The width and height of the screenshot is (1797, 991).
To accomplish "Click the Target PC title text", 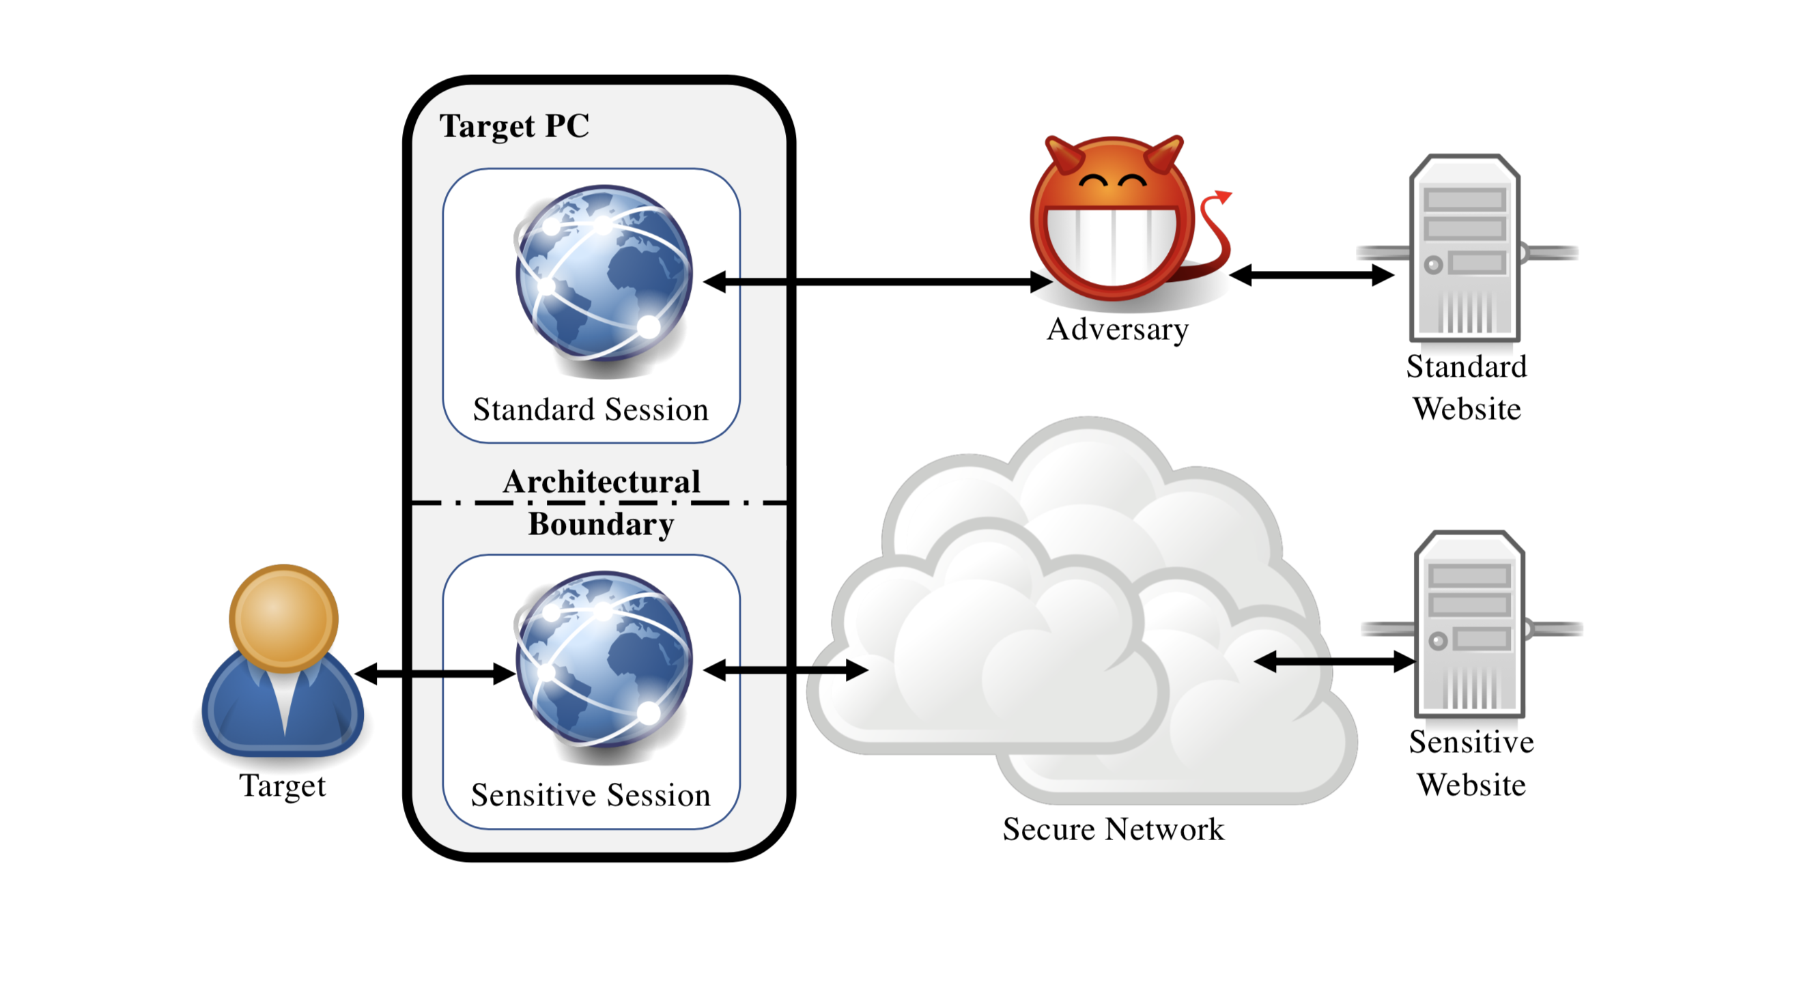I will [x=514, y=126].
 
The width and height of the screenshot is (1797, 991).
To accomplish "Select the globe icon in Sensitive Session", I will [x=604, y=660].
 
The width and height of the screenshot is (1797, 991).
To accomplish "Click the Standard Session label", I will [x=590, y=410].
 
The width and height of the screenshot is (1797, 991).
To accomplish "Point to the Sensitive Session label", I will [x=590, y=795].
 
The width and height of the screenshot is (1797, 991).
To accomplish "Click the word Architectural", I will [x=602, y=482].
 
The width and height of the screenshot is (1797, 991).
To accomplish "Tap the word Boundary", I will [x=602, y=524].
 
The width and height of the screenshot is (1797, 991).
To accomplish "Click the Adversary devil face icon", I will [x=1113, y=223].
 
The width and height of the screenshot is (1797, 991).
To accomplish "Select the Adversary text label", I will [x=1118, y=329].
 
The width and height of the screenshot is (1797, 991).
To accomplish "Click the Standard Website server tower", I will [x=1465, y=248].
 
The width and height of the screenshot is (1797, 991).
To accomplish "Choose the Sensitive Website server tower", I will [x=1469, y=624].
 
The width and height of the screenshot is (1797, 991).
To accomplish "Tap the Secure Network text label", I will [x=1114, y=829].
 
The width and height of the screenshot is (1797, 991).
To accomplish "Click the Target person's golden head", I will [x=283, y=617].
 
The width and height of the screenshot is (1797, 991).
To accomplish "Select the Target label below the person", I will [x=283, y=786].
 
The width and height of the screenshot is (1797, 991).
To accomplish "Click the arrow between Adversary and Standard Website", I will [x=1312, y=275].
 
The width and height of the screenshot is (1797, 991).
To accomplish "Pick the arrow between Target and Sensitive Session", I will [x=436, y=674].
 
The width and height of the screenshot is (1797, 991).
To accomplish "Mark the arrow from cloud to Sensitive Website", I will [x=1334, y=662].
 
